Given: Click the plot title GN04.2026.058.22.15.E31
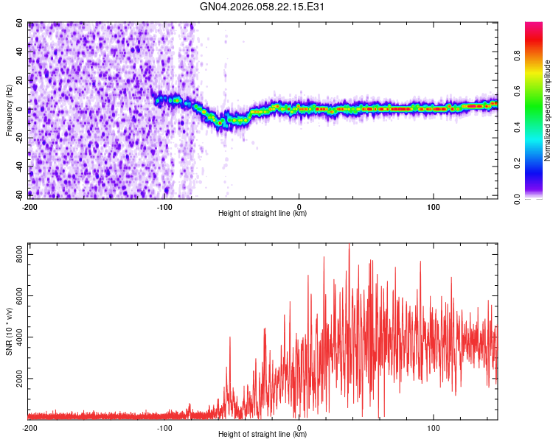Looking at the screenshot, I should click(262, 7).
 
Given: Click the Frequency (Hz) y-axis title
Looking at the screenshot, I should click(9, 110).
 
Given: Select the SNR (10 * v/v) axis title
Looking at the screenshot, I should click(9, 331).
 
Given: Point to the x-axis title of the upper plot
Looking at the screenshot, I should click(262, 213).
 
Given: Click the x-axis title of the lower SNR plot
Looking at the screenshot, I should click(262, 435).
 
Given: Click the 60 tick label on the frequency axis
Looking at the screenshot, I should click(20, 24).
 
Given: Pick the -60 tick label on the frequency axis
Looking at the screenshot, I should click(18, 194).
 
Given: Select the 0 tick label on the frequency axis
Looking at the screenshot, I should click(22, 109).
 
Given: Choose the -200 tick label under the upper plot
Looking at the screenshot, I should click(29, 206).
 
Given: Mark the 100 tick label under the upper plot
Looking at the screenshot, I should click(434, 206).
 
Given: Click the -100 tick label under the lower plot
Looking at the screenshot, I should click(164, 427).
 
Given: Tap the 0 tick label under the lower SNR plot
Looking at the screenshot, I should click(299, 427).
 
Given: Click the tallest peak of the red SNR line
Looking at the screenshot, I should click(349, 245).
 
